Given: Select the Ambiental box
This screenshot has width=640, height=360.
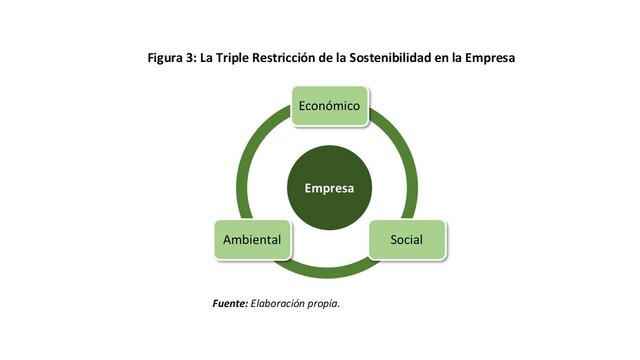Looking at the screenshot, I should [x=251, y=240].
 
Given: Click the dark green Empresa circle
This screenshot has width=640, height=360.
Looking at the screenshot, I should [x=329, y=188].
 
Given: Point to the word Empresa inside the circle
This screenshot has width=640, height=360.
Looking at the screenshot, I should [x=329, y=188].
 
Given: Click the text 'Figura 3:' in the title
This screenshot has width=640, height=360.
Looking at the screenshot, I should [x=174, y=58].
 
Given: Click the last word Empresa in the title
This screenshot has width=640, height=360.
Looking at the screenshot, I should [x=487, y=58].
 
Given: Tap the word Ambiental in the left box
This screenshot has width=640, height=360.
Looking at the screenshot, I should [x=251, y=240].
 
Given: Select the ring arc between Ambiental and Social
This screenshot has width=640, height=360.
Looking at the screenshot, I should [x=329, y=272].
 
